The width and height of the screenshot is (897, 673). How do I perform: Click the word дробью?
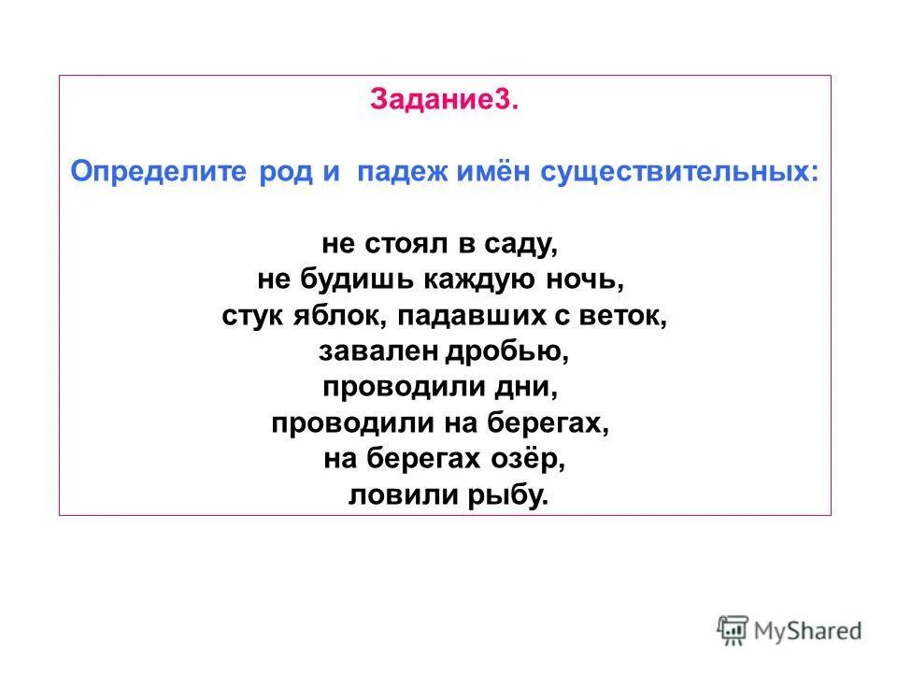(510, 351)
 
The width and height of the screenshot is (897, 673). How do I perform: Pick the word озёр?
(531, 459)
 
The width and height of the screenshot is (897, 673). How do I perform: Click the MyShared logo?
(790, 629)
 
